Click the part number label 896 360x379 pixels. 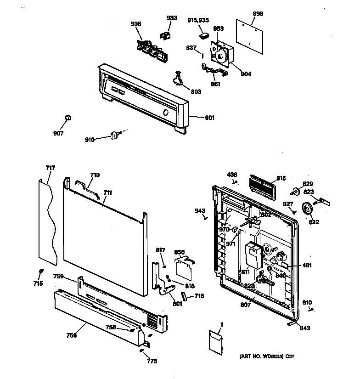click(258, 14)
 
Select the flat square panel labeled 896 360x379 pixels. click(251, 34)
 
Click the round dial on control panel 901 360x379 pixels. click(166, 113)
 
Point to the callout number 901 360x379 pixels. click(209, 118)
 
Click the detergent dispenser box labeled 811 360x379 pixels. click(252, 255)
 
